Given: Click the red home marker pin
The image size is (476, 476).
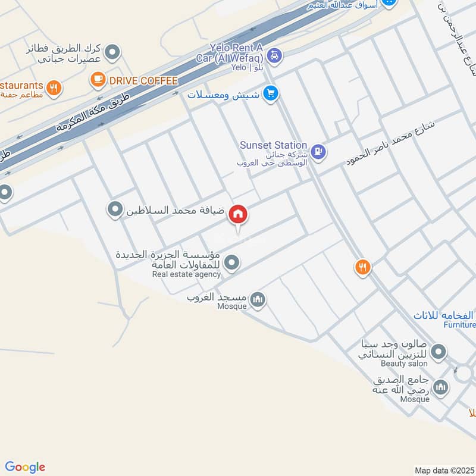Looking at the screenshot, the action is [238, 215].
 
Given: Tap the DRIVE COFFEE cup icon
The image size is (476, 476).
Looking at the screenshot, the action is [97, 79].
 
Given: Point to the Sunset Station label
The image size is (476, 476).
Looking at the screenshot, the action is [273, 145].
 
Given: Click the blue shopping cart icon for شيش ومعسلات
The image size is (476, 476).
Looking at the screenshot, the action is [271, 94].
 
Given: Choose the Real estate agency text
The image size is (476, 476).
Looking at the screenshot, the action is [186, 274].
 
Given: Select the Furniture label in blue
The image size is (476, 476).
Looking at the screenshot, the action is [460, 325].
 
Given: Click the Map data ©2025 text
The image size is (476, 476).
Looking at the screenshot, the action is [444, 470].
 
